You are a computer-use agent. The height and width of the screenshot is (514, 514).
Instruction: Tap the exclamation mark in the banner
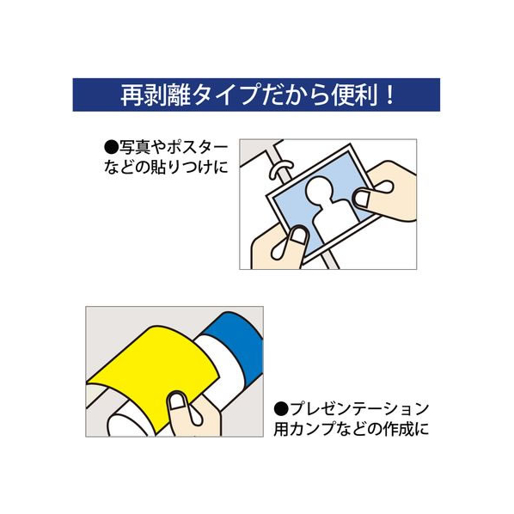389,95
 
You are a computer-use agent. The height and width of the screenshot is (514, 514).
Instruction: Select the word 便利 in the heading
354,95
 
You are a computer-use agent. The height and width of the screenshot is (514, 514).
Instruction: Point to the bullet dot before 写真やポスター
111,147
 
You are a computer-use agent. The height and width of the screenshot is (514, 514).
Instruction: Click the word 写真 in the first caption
132,148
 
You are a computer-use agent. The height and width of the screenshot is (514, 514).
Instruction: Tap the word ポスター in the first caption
198,148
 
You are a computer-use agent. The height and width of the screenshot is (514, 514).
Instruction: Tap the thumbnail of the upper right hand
362,198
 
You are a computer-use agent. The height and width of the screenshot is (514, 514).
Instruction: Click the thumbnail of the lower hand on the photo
299,235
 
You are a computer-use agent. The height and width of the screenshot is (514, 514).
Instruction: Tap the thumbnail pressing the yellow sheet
177,401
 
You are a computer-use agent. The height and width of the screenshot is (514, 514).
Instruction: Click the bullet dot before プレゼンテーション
281,409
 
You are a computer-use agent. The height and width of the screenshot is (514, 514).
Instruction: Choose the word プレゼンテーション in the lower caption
359,409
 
